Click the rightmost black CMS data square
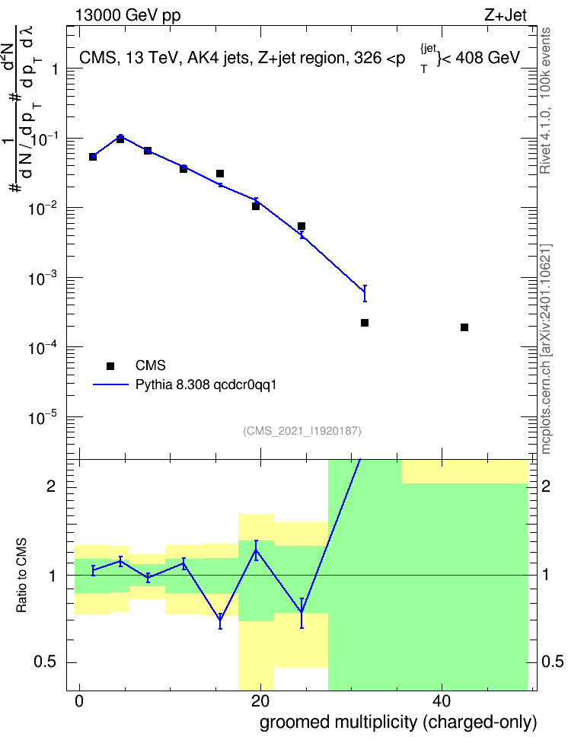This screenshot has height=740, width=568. pos(464,327)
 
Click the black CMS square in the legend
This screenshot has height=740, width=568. pos(110,365)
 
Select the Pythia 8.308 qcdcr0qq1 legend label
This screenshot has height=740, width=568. pos(206,384)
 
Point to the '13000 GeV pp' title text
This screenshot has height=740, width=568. pos(128,15)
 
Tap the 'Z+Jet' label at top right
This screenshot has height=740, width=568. pos(506,15)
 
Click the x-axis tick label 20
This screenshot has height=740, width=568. pos(260,701)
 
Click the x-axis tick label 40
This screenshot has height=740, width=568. pos(442,701)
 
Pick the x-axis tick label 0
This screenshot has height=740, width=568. pos(79,701)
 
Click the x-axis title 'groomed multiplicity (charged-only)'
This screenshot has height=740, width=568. pos(398,722)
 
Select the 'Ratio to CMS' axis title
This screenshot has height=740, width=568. pos(21,576)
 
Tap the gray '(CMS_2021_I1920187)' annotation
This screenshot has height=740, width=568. pos(302,431)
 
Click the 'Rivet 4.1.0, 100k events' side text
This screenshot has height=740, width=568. pos(545,100)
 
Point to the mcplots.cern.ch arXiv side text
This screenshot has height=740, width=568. pos(545,349)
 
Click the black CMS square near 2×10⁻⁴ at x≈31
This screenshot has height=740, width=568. pos(365,323)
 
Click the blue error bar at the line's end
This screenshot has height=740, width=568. pos(365,293)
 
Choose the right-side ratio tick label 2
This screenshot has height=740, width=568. pos(546,486)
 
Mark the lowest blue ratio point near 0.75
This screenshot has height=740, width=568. pos(220,621)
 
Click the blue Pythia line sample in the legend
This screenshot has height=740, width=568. pos(110,384)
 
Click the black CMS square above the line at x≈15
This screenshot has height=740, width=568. pos(220,174)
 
